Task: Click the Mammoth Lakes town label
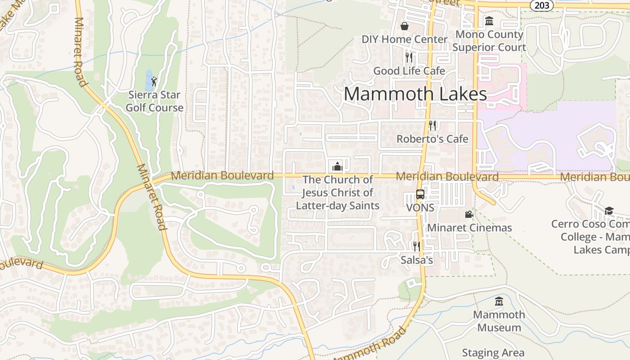[x=415, y=94]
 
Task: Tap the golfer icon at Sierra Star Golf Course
[x=154, y=81]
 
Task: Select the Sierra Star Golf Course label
[x=154, y=101]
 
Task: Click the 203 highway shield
[x=541, y=5]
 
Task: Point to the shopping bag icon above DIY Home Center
[x=405, y=26]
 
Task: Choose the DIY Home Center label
[x=405, y=39]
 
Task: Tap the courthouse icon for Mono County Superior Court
[x=489, y=21]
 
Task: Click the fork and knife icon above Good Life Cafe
[x=409, y=58]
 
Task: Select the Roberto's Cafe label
[x=432, y=139]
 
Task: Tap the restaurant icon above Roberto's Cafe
[x=432, y=126]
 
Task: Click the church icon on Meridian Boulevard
[x=337, y=166]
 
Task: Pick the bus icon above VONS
[x=420, y=195]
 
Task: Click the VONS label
[x=420, y=208]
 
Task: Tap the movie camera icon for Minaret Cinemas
[x=469, y=215]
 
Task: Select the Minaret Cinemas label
[x=469, y=228]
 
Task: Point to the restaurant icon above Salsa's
[x=417, y=247]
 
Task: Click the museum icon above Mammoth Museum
[x=499, y=301]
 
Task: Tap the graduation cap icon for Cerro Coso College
[x=609, y=211]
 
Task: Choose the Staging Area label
[x=493, y=353]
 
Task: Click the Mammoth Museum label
[x=499, y=321]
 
